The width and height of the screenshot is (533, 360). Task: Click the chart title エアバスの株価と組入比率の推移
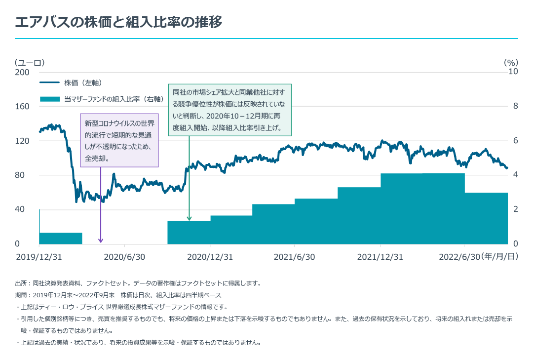click(x=118, y=22)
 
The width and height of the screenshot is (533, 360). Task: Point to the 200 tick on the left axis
click(x=22, y=72)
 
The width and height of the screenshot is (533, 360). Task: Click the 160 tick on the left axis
click(x=22, y=106)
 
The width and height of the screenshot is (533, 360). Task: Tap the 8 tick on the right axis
click(x=514, y=106)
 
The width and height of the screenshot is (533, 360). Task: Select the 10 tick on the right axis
click(x=513, y=72)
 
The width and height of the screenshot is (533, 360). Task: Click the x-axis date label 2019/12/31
click(x=39, y=257)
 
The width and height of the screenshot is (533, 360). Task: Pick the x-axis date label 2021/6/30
click(x=295, y=257)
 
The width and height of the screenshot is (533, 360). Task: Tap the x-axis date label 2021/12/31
click(x=380, y=257)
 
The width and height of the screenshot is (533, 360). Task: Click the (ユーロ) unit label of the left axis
click(x=30, y=63)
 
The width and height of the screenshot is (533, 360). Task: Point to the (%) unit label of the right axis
click(x=511, y=63)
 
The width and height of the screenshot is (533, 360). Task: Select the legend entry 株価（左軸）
click(x=83, y=82)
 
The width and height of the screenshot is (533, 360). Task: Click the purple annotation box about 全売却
click(x=119, y=140)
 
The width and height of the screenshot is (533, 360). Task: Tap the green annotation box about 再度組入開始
click(x=230, y=110)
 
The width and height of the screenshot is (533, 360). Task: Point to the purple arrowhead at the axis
click(x=101, y=240)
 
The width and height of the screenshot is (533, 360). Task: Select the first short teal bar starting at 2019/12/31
click(x=60, y=238)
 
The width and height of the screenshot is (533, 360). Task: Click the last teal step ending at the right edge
click(x=486, y=218)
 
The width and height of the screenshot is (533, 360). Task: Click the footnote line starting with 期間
click(x=118, y=295)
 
